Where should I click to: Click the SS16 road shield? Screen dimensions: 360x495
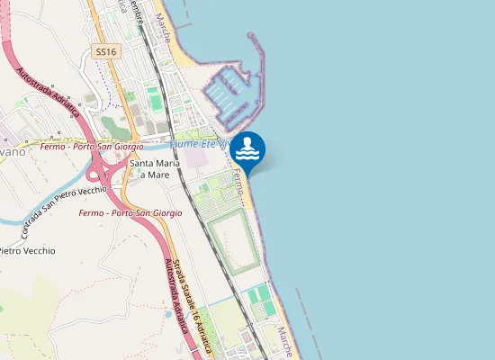pyautogui.click(x=106, y=52)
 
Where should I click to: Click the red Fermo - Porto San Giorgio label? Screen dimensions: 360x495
pyautogui.click(x=130, y=213)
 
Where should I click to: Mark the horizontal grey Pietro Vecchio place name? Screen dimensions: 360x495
pyautogui.click(x=27, y=250)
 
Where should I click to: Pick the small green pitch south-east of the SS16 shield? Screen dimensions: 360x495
pyautogui.click(x=157, y=103)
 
